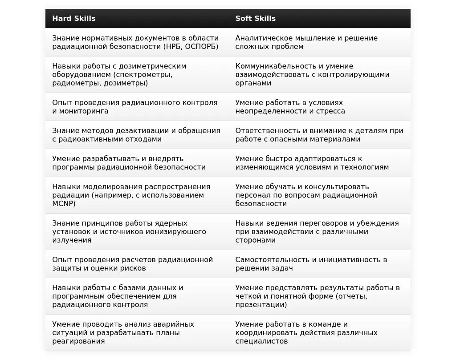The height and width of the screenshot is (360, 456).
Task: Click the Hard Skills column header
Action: (x=74, y=18)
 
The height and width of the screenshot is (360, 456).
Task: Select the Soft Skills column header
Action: (x=256, y=18)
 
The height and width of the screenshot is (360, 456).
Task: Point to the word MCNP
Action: (x=64, y=203)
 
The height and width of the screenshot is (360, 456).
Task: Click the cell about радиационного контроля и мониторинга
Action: (x=135, y=107)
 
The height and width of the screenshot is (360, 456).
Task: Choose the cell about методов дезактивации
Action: (x=136, y=135)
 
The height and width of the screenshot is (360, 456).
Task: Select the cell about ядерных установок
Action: (x=129, y=231)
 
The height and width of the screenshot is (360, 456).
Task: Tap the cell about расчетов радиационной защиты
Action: (x=133, y=264)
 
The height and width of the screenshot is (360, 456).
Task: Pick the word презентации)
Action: (x=261, y=305)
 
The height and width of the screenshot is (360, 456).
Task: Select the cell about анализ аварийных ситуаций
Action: (x=123, y=332)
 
